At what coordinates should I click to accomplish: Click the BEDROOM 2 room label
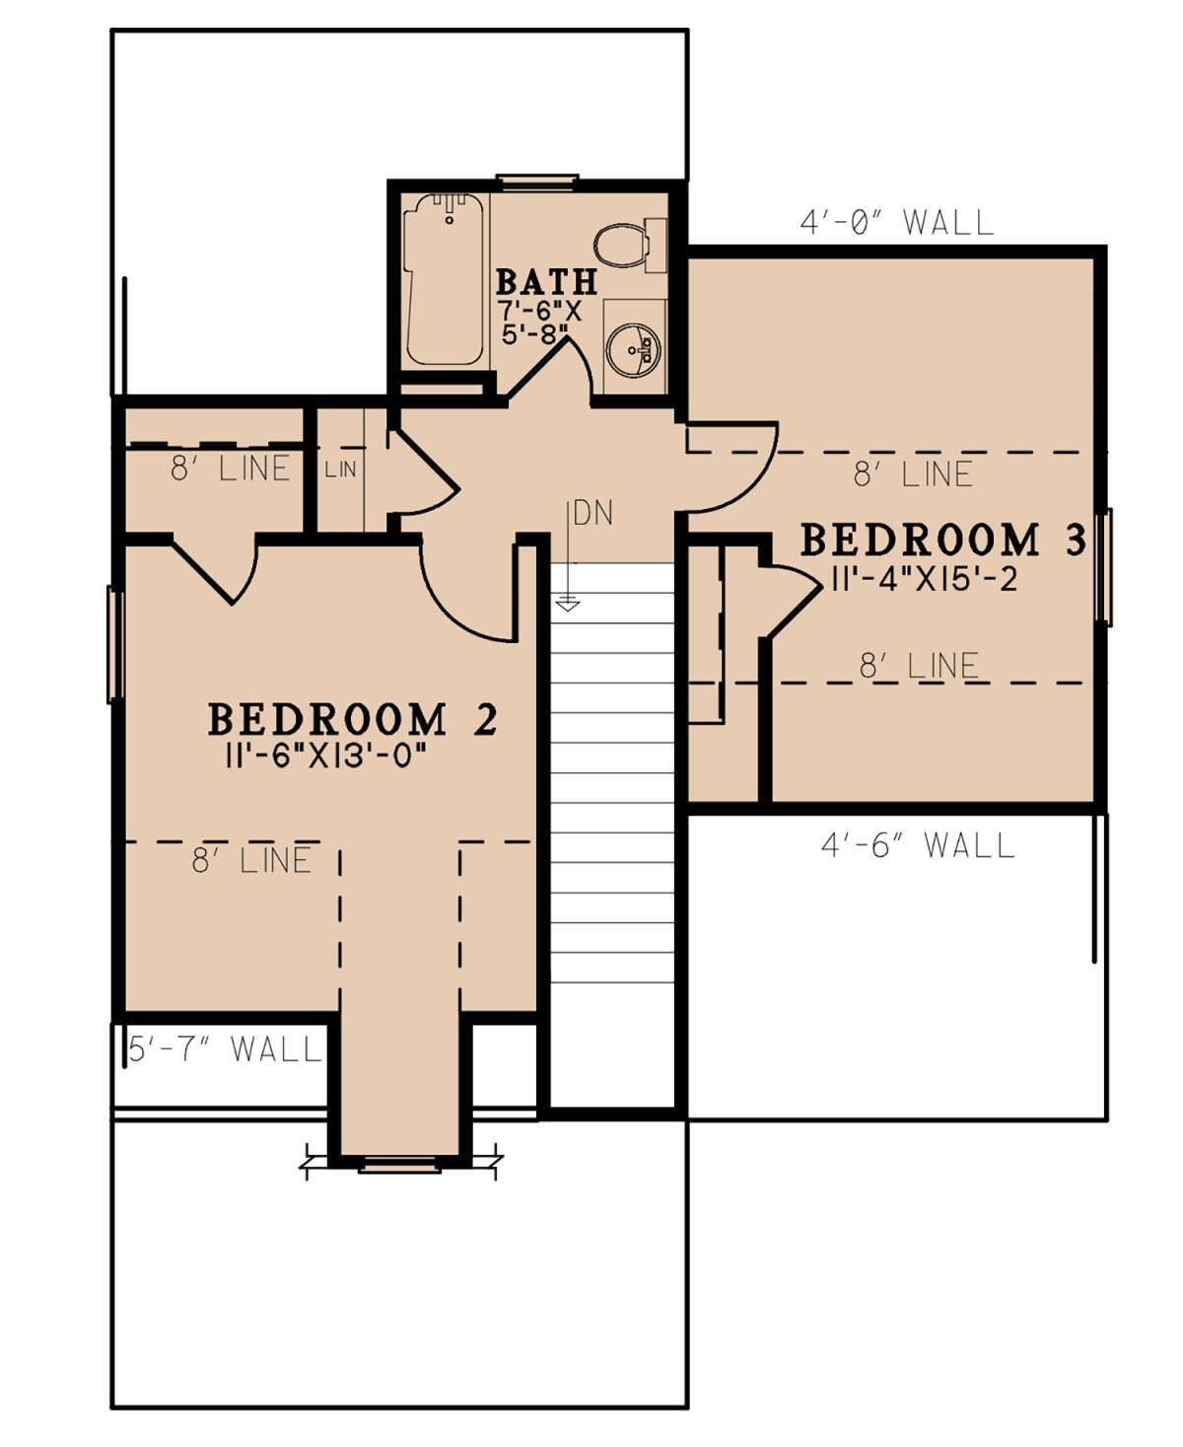click(x=353, y=719)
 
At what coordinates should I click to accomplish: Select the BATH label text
click(x=546, y=281)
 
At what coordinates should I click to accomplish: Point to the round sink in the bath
click(x=635, y=349)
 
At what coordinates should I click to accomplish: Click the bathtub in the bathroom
click(x=445, y=278)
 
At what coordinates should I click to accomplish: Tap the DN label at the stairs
click(x=593, y=513)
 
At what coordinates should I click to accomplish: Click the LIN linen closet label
click(x=341, y=470)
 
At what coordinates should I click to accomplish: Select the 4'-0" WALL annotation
click(x=896, y=222)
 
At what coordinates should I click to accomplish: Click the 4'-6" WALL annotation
click(x=918, y=844)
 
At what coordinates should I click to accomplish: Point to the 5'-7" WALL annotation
click(x=225, y=1049)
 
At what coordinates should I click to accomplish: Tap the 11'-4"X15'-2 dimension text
click(x=925, y=580)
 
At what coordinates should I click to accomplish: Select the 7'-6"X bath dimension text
click(x=539, y=311)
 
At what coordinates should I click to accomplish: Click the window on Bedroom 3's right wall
click(x=1103, y=567)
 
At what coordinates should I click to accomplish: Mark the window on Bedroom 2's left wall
click(x=115, y=644)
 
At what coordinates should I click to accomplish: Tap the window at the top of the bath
click(x=537, y=181)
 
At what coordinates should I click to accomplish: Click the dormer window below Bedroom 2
click(x=400, y=1165)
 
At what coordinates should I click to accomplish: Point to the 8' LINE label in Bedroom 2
click(x=251, y=860)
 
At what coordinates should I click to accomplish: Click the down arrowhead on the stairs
click(x=568, y=606)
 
